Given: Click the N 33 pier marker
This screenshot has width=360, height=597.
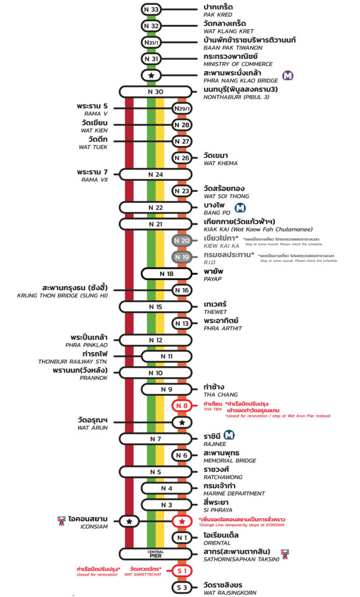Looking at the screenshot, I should [151, 9].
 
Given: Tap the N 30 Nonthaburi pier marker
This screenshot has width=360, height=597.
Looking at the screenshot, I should [155, 92].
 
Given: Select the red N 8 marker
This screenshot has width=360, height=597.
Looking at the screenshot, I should [182, 406].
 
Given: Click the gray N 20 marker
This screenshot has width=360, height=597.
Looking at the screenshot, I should [182, 241].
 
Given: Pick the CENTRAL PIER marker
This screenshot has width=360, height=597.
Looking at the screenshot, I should [155, 553].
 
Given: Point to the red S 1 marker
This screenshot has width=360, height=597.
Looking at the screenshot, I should [182, 570].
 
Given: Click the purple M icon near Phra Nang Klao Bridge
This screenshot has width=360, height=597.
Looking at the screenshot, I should [288, 75].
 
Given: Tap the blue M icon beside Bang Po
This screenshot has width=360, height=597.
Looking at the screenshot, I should [239, 208].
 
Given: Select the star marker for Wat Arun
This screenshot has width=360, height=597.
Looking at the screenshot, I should [182, 422].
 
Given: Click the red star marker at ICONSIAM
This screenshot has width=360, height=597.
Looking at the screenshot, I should [182, 521].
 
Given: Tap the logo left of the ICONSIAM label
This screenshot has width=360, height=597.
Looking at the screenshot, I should [61, 519].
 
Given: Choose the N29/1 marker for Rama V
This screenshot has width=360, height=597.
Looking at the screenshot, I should [182, 108].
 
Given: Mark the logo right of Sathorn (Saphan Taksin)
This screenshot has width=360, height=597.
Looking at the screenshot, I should [285, 553].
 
